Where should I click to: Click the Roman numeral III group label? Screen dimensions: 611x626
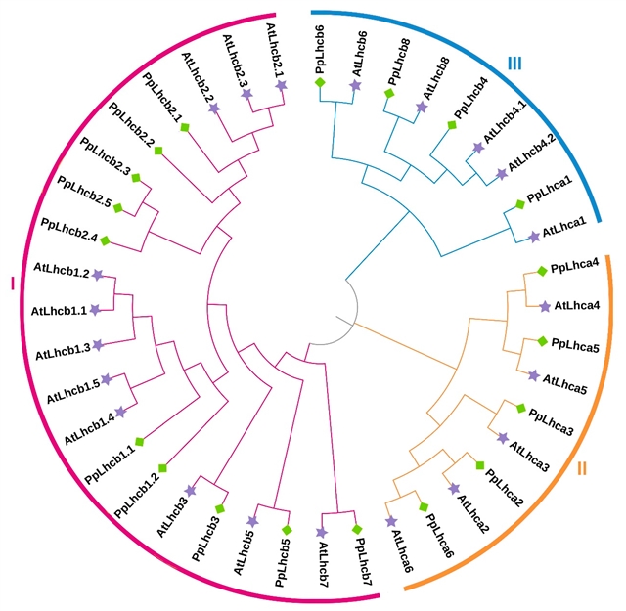(x=514, y=65)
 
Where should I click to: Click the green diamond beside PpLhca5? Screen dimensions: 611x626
(x=540, y=341)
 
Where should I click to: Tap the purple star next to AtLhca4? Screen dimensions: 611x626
(x=544, y=306)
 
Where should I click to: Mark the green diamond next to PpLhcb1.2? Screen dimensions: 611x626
(x=163, y=470)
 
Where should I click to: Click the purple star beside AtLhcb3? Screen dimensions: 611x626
(x=191, y=490)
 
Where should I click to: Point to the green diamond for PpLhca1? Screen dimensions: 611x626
(x=519, y=204)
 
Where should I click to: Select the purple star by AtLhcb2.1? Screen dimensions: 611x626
(x=282, y=86)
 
